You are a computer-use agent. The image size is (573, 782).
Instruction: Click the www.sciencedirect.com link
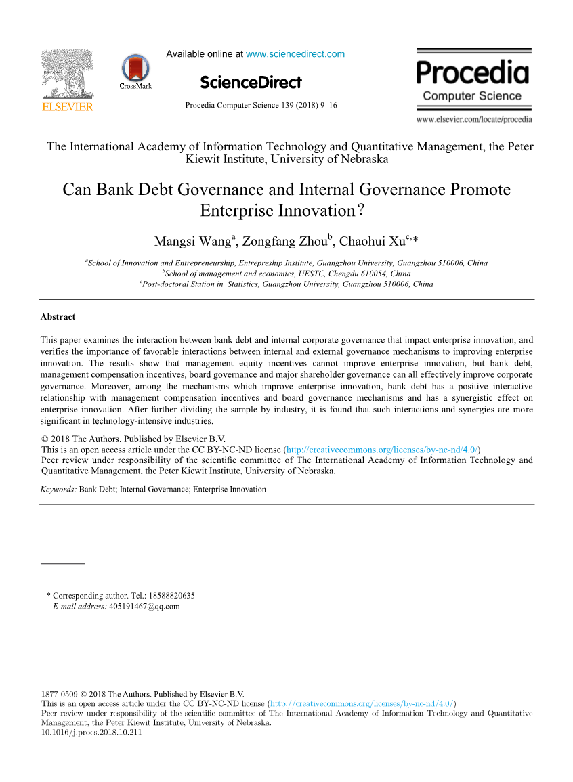click(x=295, y=54)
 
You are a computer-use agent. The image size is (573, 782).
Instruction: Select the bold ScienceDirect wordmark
click(x=251, y=83)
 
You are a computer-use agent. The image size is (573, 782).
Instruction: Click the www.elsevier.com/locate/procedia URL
click(x=474, y=120)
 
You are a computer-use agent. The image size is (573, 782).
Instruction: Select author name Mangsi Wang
click(x=193, y=242)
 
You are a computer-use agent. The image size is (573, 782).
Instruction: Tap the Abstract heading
click(x=58, y=317)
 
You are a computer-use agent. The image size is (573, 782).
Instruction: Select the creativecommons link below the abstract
click(x=382, y=449)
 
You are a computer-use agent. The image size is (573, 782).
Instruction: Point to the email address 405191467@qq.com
click(x=144, y=607)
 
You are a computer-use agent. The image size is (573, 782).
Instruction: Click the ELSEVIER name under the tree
click(x=67, y=106)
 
